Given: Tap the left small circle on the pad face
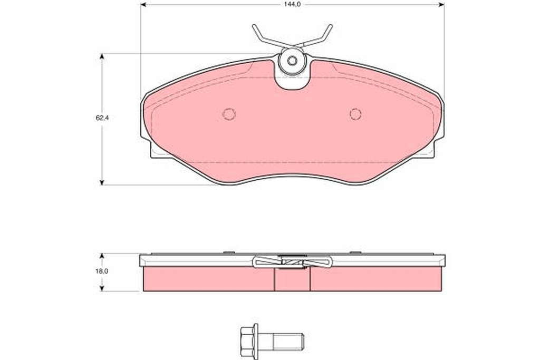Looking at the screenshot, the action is point(229,114).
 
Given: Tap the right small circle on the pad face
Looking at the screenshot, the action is point(355,114).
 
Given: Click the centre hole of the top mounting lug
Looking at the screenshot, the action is point(292,61).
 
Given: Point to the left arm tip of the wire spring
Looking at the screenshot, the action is point(254,26).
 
